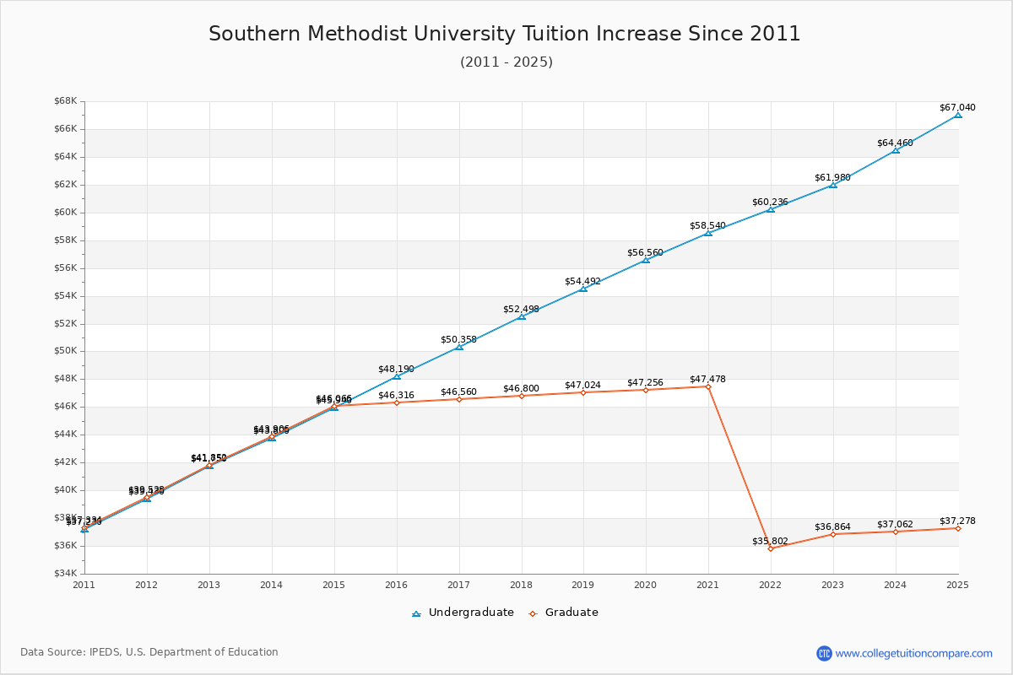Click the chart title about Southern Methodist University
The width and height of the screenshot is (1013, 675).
click(x=505, y=34)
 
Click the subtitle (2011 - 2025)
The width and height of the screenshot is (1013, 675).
click(x=506, y=62)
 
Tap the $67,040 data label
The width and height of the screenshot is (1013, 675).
click(x=956, y=107)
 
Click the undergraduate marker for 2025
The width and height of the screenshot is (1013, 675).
click(x=958, y=115)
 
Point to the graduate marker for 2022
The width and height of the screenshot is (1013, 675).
click(x=771, y=548)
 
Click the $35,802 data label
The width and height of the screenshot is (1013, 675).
click(x=770, y=541)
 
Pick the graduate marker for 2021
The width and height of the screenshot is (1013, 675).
click(x=708, y=386)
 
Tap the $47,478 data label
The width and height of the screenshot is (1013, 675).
click(x=707, y=379)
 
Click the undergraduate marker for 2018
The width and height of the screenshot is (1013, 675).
click(x=522, y=316)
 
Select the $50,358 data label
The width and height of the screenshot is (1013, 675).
click(x=458, y=339)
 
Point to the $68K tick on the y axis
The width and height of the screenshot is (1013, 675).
click(x=66, y=101)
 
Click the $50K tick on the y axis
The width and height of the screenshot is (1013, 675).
click(x=66, y=351)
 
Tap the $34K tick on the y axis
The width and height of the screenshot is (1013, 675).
click(x=66, y=574)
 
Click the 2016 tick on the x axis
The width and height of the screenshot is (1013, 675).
click(x=396, y=585)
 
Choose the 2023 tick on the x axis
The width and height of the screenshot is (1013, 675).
click(x=833, y=585)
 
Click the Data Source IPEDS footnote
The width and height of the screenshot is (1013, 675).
click(x=149, y=652)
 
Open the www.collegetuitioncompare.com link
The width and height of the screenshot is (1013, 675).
click(x=913, y=653)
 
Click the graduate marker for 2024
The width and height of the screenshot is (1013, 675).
click(x=896, y=532)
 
